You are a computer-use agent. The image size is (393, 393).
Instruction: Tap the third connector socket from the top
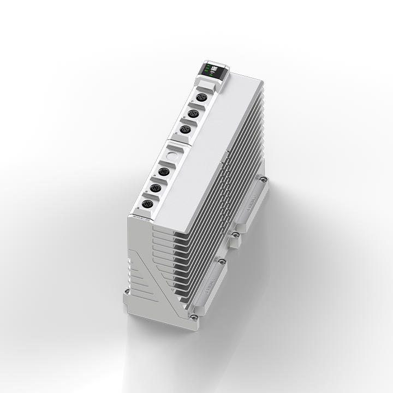tap(186, 129)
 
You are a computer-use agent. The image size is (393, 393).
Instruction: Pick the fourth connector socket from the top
tap(162, 172)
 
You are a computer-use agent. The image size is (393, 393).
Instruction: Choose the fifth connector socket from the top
tap(154, 188)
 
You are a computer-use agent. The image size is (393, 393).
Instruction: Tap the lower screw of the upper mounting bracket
tap(235, 235)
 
